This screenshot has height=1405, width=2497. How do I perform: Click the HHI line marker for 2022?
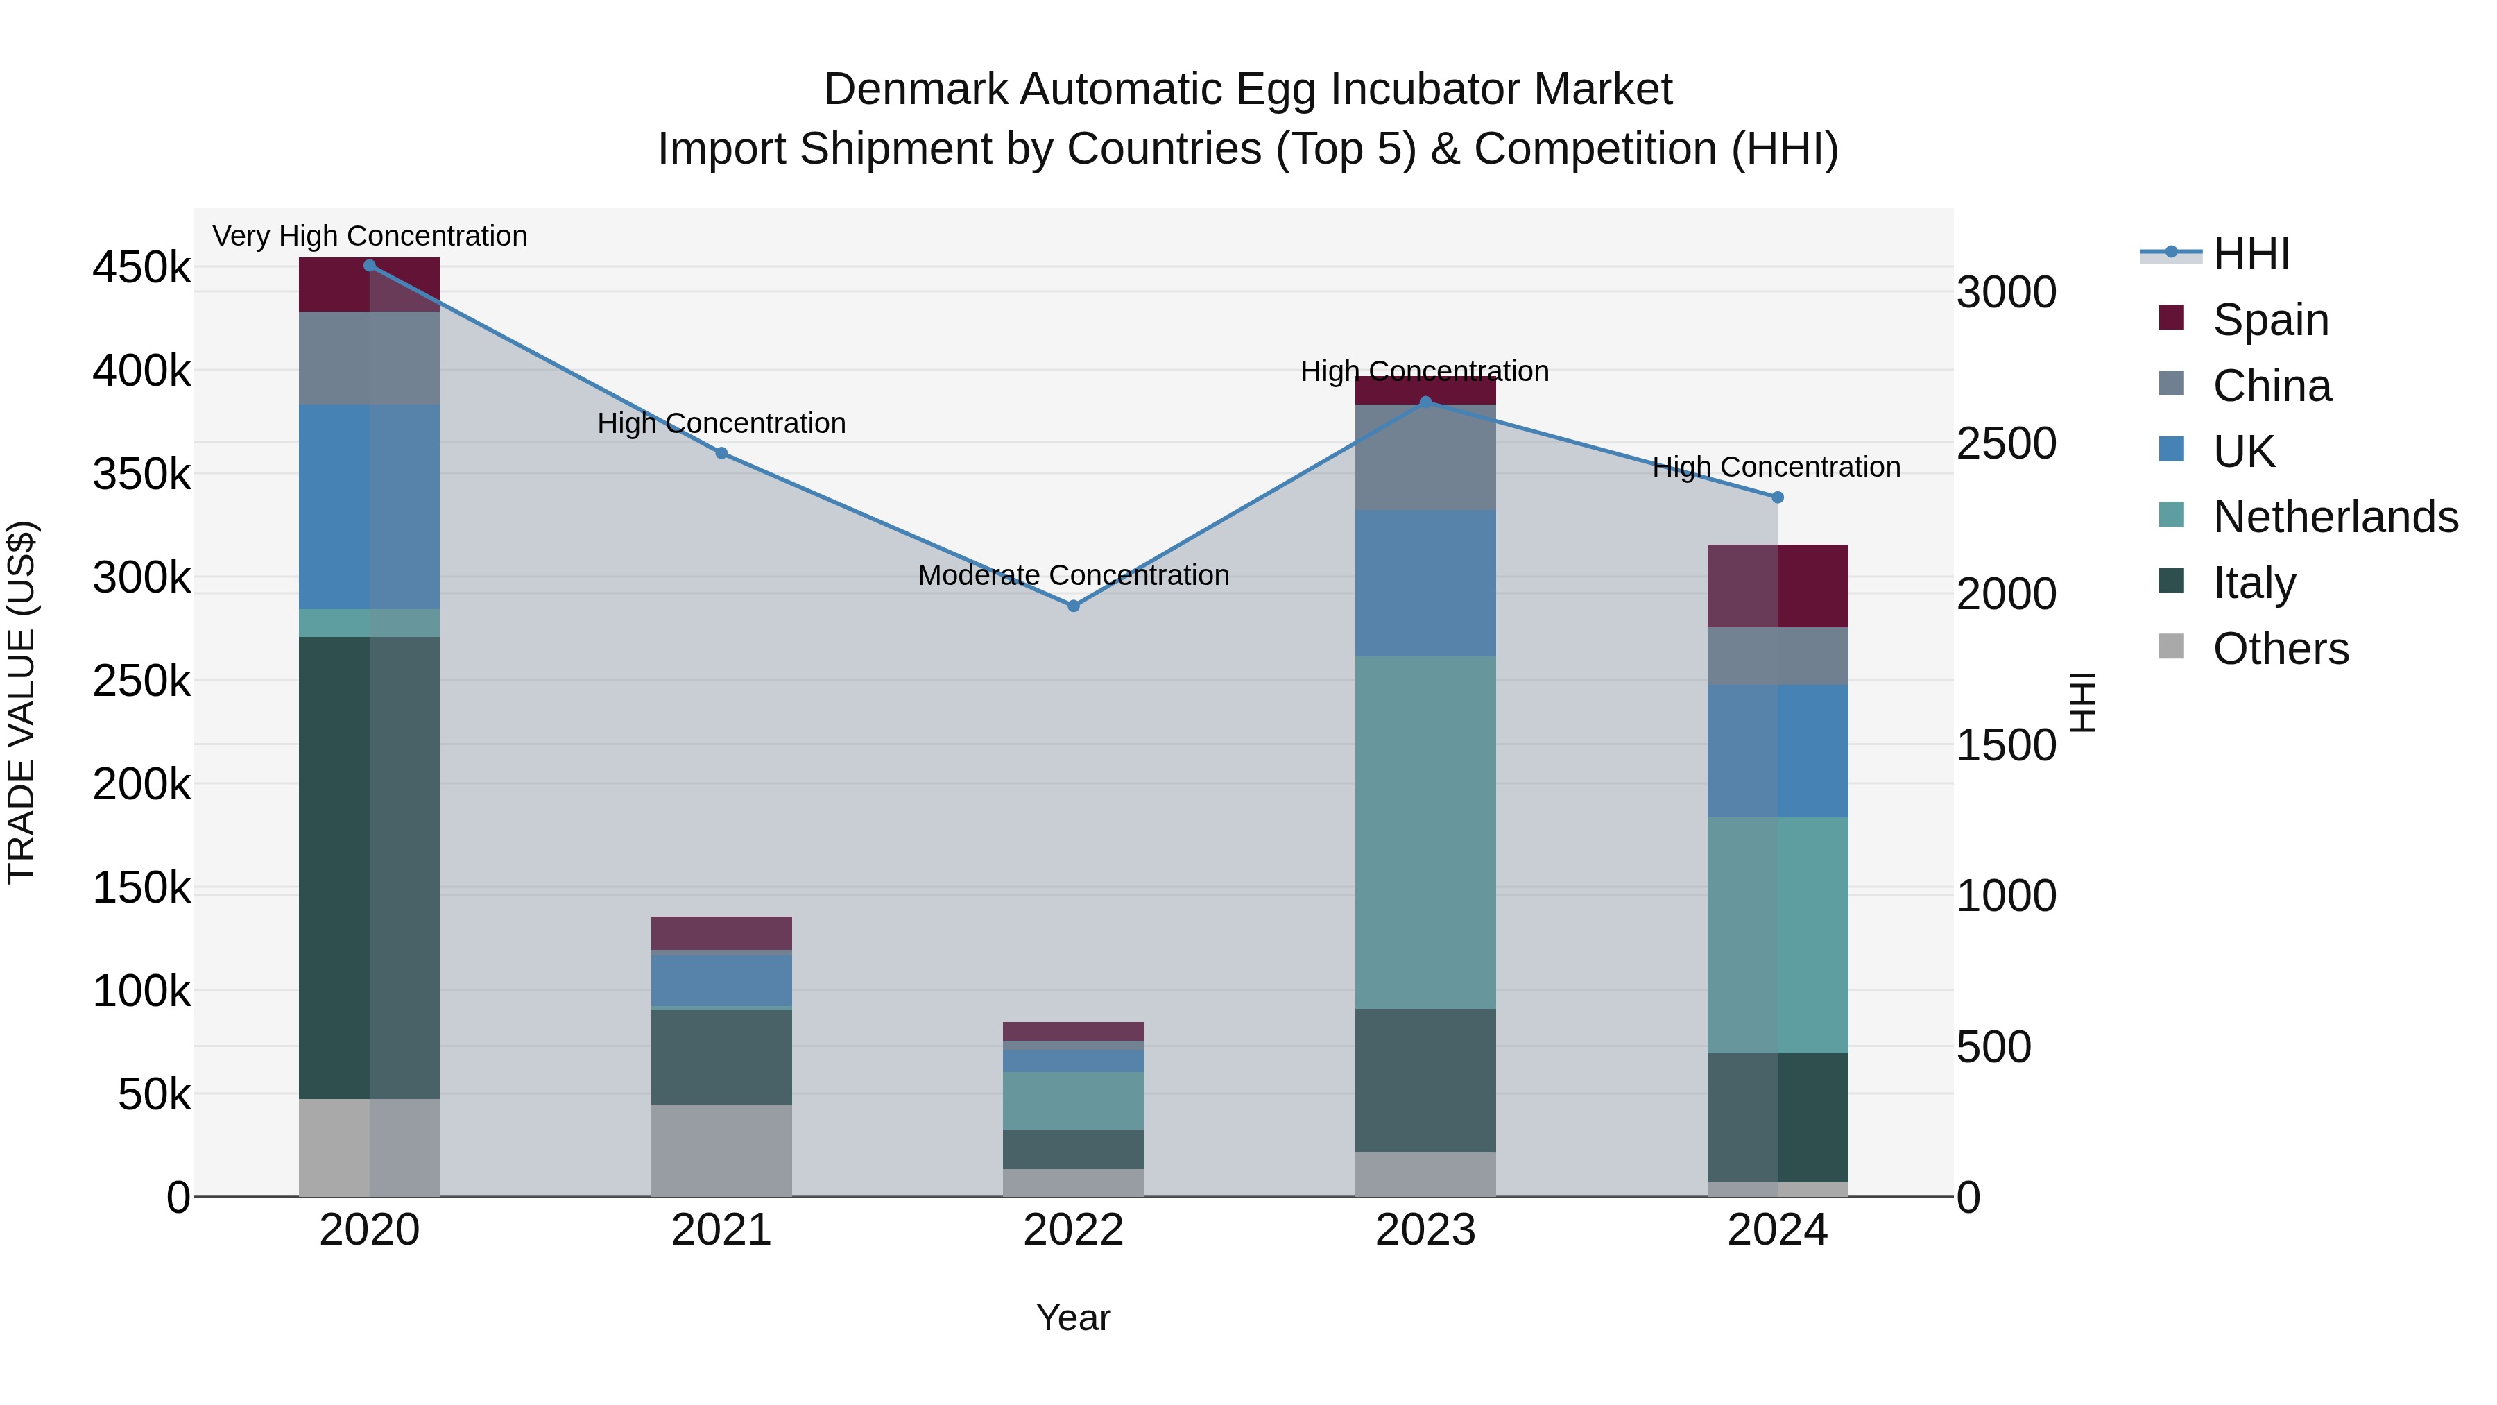pyautogui.click(x=1073, y=606)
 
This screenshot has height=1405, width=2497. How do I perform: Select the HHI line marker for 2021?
pyautogui.click(x=721, y=453)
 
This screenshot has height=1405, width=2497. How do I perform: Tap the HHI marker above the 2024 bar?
pyautogui.click(x=1777, y=497)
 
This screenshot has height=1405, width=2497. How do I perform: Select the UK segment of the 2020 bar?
pyautogui.click(x=369, y=506)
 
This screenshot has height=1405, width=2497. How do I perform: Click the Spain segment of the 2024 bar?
pyautogui.click(x=1777, y=586)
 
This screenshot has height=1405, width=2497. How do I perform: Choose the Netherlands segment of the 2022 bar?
pyautogui.click(x=1073, y=1100)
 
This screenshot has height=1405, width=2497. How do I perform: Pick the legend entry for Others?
pyautogui.click(x=2280, y=649)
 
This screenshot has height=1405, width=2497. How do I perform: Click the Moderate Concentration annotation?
pyautogui.click(x=1073, y=575)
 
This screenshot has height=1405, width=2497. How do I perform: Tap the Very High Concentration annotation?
pyautogui.click(x=369, y=236)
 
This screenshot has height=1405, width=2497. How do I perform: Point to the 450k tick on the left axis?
pyautogui.click(x=141, y=268)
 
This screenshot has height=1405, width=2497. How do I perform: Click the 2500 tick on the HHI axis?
pyautogui.click(x=2005, y=444)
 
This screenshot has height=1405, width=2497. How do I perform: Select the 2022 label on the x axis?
pyautogui.click(x=1073, y=1230)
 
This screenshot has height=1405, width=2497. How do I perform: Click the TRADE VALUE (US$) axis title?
pyautogui.click(x=22, y=702)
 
